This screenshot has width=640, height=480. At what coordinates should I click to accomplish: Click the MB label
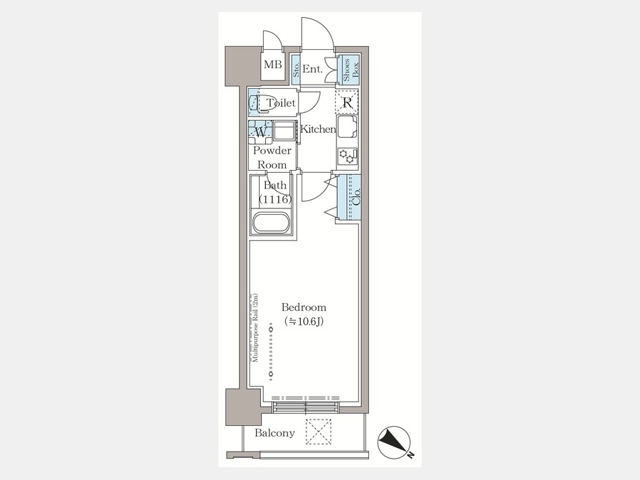pyautogui.click(x=272, y=65)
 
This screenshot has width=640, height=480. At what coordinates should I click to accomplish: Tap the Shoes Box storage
pyautogui.click(x=350, y=70)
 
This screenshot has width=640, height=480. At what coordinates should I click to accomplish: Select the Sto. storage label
pyautogui.click(x=296, y=70)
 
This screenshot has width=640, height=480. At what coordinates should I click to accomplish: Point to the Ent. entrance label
pyautogui.click(x=312, y=70)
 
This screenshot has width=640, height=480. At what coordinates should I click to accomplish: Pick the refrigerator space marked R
pyautogui.click(x=346, y=101)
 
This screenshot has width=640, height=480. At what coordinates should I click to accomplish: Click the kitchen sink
pyautogui.click(x=347, y=127)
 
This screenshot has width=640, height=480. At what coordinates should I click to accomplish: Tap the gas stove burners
pyautogui.click(x=348, y=156)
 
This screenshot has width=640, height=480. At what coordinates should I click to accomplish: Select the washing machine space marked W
pyautogui.click(x=260, y=132)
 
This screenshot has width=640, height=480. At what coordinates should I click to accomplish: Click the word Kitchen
pyautogui.click(x=318, y=129)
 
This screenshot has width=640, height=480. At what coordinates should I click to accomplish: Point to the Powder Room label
pyautogui.click(x=272, y=158)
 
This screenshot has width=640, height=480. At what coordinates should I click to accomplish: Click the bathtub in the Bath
pyautogui.click(x=271, y=223)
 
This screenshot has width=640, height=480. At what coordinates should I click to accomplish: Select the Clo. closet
pyautogui.click(x=349, y=198)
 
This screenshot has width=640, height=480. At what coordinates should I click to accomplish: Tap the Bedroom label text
pyautogui.click(x=304, y=307)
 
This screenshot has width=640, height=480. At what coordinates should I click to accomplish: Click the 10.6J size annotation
pyautogui.click(x=304, y=321)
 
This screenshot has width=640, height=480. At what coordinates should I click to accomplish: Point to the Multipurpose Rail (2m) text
pyautogui.click(x=255, y=328)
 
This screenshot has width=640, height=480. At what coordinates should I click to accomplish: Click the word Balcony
pyautogui.click(x=274, y=433)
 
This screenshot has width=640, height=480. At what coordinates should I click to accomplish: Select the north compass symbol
pyautogui.click(x=394, y=443)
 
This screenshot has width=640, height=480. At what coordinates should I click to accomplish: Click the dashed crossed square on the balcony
pyautogui.click(x=319, y=432)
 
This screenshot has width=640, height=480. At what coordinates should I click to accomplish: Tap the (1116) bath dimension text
pyautogui.click(x=275, y=200)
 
